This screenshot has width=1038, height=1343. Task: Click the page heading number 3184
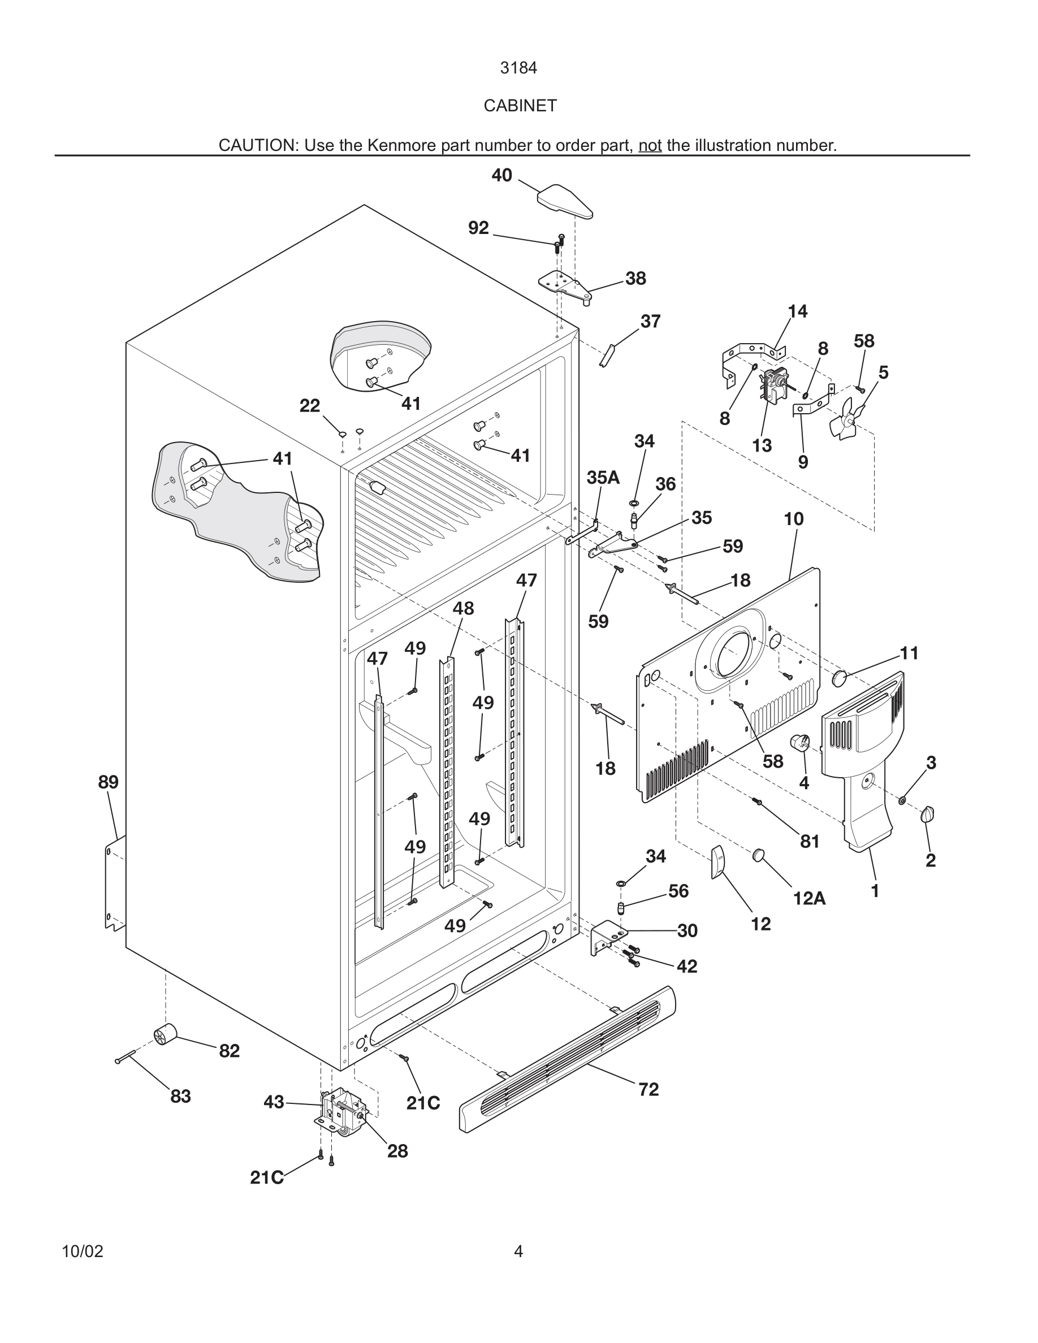coord(518,68)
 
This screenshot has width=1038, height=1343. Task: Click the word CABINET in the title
coord(520,106)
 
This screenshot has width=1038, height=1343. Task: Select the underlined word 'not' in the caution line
coord(650,146)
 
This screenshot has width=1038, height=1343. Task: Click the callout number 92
coord(478,228)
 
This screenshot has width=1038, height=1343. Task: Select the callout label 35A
coord(603,478)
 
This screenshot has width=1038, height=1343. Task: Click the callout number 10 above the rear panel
coord(793,519)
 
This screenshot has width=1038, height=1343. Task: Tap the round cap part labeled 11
coord(840,679)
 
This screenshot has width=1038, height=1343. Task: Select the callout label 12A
coord(808,898)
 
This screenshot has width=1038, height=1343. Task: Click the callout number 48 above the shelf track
coord(463,608)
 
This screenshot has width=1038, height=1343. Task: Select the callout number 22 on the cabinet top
coord(310,406)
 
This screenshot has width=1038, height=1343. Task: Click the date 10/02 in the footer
coord(83,1251)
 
